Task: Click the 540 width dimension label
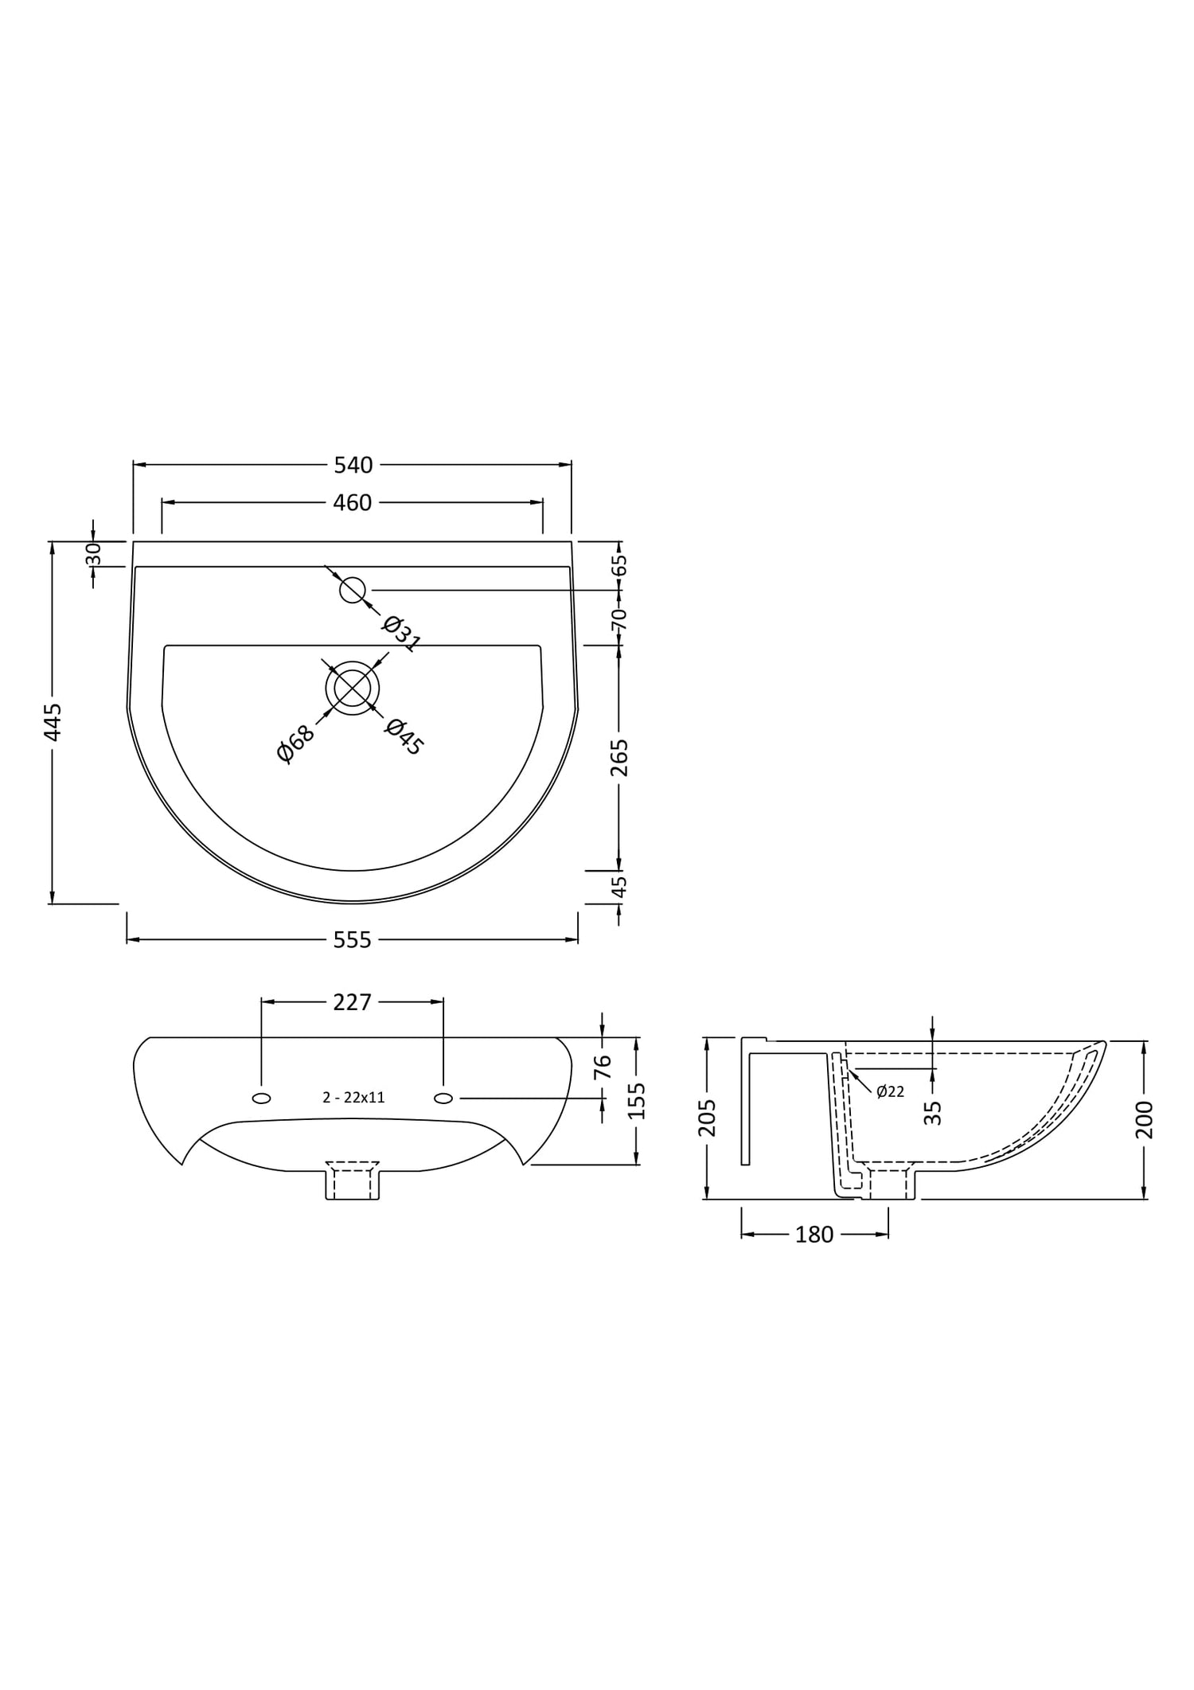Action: (353, 464)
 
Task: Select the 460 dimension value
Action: (353, 502)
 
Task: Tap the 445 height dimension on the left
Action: (53, 722)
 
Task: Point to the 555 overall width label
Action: (353, 940)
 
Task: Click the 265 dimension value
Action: (619, 758)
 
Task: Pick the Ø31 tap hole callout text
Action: (399, 634)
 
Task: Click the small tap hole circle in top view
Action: (353, 590)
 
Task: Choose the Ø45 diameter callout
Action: (404, 736)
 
